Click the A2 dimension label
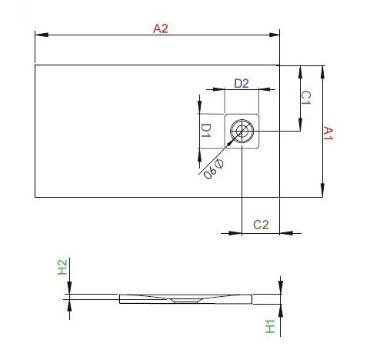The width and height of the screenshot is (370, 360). pyautogui.click(x=161, y=28)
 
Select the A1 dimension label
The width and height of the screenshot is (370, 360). pyautogui.click(x=328, y=133)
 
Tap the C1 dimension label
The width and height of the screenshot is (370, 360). pyautogui.click(x=305, y=98)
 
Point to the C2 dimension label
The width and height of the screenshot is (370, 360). pyautogui.click(x=261, y=225)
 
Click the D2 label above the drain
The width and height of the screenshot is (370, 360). pyautogui.click(x=242, y=83)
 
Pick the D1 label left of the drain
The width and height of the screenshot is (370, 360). pyautogui.click(x=205, y=130)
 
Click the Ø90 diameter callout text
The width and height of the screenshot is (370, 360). pyautogui.click(x=213, y=169)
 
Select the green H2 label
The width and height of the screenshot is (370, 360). pyautogui.click(x=62, y=268)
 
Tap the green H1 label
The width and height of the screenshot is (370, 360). pyautogui.click(x=270, y=326)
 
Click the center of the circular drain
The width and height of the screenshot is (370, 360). pyautogui.click(x=242, y=131)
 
